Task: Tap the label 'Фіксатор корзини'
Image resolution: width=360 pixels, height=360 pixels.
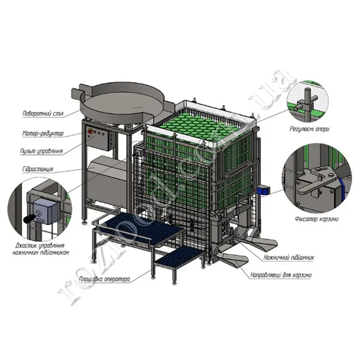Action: (x=316, y=218)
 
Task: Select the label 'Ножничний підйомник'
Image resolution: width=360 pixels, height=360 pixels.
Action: (x=290, y=257)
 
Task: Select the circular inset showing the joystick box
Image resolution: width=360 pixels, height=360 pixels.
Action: (x=40, y=210)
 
